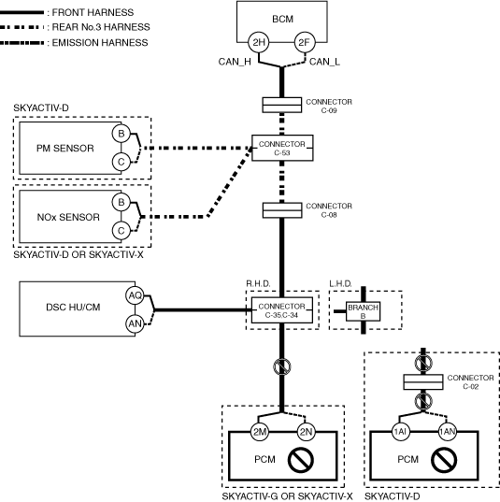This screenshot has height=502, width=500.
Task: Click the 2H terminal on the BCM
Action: [x=259, y=42]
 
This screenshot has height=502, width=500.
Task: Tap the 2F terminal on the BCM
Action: [x=305, y=42]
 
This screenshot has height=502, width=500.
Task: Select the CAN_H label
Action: [x=235, y=62]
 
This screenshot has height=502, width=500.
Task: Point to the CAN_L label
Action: [x=324, y=62]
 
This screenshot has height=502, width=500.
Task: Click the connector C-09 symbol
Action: [x=281, y=105]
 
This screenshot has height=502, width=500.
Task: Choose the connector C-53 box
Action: [x=282, y=148]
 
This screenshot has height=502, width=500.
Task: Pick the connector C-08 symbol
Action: [x=282, y=210]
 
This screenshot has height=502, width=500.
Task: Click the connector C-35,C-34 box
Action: [x=282, y=310]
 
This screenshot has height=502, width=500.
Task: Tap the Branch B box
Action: [x=363, y=311]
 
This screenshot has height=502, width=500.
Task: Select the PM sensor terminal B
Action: [x=121, y=133]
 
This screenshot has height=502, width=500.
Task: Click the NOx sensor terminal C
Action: [x=121, y=231]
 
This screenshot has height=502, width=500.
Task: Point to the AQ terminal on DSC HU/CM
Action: [x=135, y=295]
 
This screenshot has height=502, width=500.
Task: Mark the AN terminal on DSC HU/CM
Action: [x=135, y=323]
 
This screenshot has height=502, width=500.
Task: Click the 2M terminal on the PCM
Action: [x=259, y=432]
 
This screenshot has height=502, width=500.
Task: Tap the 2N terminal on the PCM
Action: [x=306, y=432]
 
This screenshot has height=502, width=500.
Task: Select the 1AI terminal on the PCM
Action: [x=400, y=432]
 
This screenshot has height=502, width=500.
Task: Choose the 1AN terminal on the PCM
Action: [x=447, y=432]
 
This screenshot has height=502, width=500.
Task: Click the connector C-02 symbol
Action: [x=423, y=382]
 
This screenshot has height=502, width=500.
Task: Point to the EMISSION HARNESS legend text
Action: [x=100, y=43]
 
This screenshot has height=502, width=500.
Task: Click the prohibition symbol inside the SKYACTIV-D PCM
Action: [x=444, y=460]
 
